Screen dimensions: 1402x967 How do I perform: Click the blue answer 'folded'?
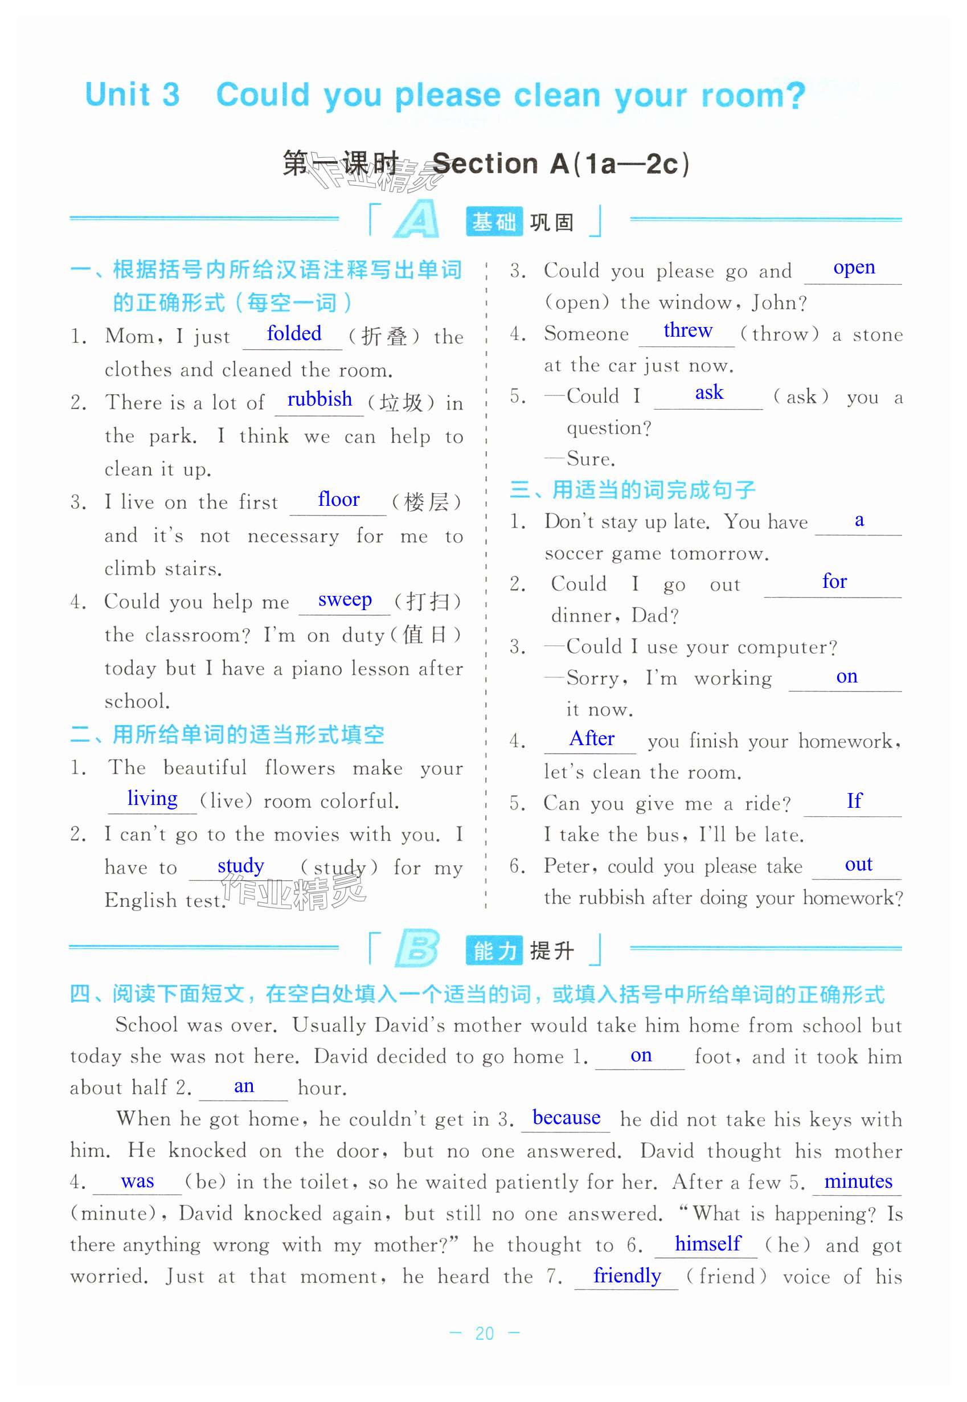(x=294, y=333)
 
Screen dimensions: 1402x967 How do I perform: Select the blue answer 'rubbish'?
(x=319, y=399)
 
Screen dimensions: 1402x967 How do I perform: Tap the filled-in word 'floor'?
(x=339, y=500)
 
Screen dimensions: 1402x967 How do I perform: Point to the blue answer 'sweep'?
(x=345, y=599)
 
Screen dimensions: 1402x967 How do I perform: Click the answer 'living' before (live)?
(x=152, y=798)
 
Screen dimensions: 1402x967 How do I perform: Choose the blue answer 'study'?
(x=240, y=865)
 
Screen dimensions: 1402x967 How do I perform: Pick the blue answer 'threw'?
(x=688, y=330)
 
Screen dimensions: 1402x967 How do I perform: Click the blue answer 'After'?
(x=591, y=738)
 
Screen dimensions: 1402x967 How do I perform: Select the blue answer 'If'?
(x=854, y=802)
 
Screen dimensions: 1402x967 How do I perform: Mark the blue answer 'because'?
(x=567, y=1117)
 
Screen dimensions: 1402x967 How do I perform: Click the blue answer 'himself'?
(x=708, y=1243)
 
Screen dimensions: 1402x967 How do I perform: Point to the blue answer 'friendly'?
(x=627, y=1276)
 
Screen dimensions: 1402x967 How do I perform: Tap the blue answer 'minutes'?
(x=858, y=1181)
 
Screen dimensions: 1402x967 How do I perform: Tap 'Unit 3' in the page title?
(x=133, y=95)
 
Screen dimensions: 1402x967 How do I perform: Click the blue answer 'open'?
(x=854, y=267)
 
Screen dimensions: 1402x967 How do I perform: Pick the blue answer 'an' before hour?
(x=244, y=1086)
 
